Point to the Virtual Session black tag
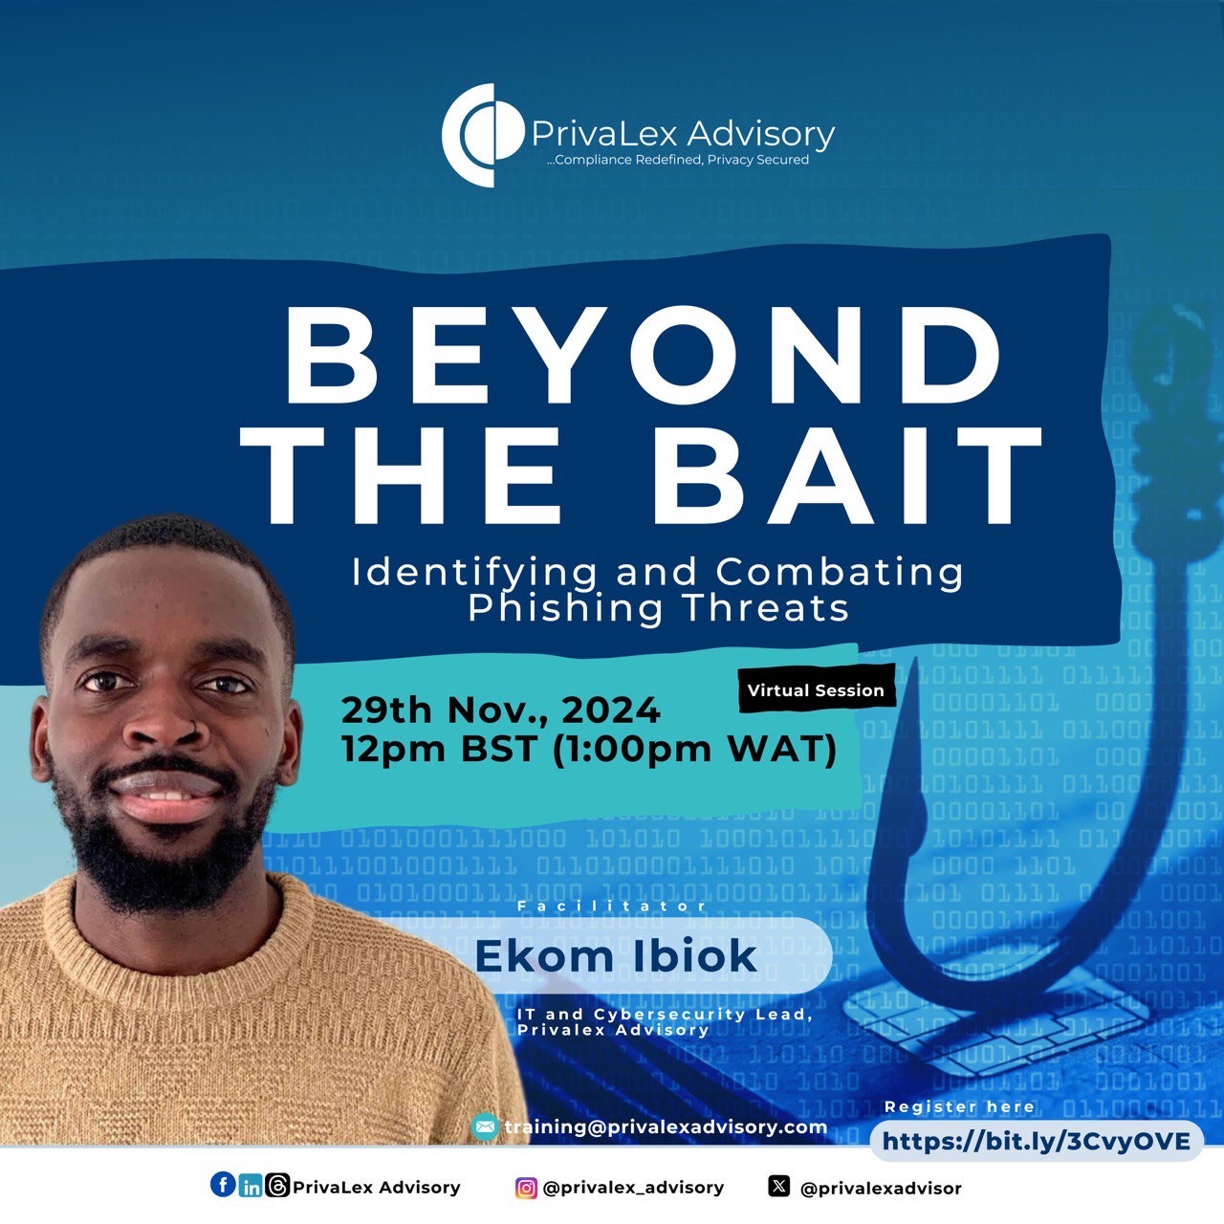pyautogui.click(x=817, y=689)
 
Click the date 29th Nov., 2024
pyautogui.click(x=500, y=710)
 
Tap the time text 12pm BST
pyautogui.click(x=438, y=748)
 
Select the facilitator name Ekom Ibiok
pyautogui.click(x=616, y=956)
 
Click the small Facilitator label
pyautogui.click(x=612, y=906)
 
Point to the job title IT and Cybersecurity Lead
pyautogui.click(x=665, y=1014)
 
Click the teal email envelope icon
pyautogui.click(x=485, y=1126)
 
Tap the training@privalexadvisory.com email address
pyautogui.click(x=666, y=1127)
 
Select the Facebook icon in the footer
pyautogui.click(x=223, y=1185)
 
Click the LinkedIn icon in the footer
pyautogui.click(x=251, y=1187)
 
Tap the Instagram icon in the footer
pyautogui.click(x=526, y=1188)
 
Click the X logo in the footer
pyautogui.click(x=778, y=1186)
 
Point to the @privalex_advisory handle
pyautogui.click(x=633, y=1188)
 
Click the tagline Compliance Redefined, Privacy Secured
pyautogui.click(x=677, y=160)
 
